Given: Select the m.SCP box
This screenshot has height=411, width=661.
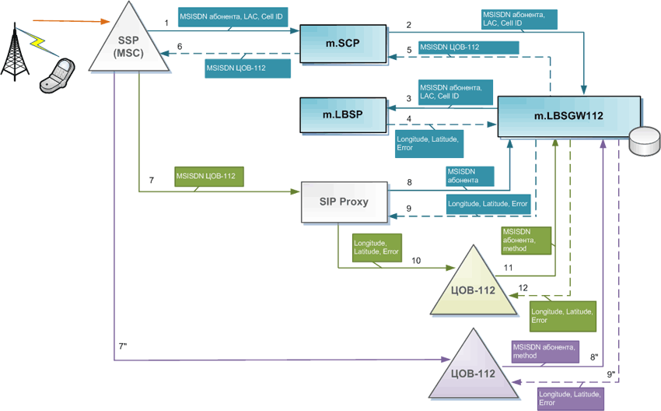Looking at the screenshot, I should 343,44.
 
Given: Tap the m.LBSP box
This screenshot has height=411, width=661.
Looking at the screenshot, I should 343,115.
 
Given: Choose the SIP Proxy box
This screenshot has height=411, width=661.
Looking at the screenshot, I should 343,201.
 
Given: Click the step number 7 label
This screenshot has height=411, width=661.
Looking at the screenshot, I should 152,180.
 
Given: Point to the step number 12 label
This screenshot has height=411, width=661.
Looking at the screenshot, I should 523,288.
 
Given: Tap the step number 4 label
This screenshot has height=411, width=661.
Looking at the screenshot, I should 408,118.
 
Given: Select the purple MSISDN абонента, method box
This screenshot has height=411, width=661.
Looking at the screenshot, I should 544,352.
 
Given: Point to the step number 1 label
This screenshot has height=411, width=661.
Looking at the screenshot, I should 166,24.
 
